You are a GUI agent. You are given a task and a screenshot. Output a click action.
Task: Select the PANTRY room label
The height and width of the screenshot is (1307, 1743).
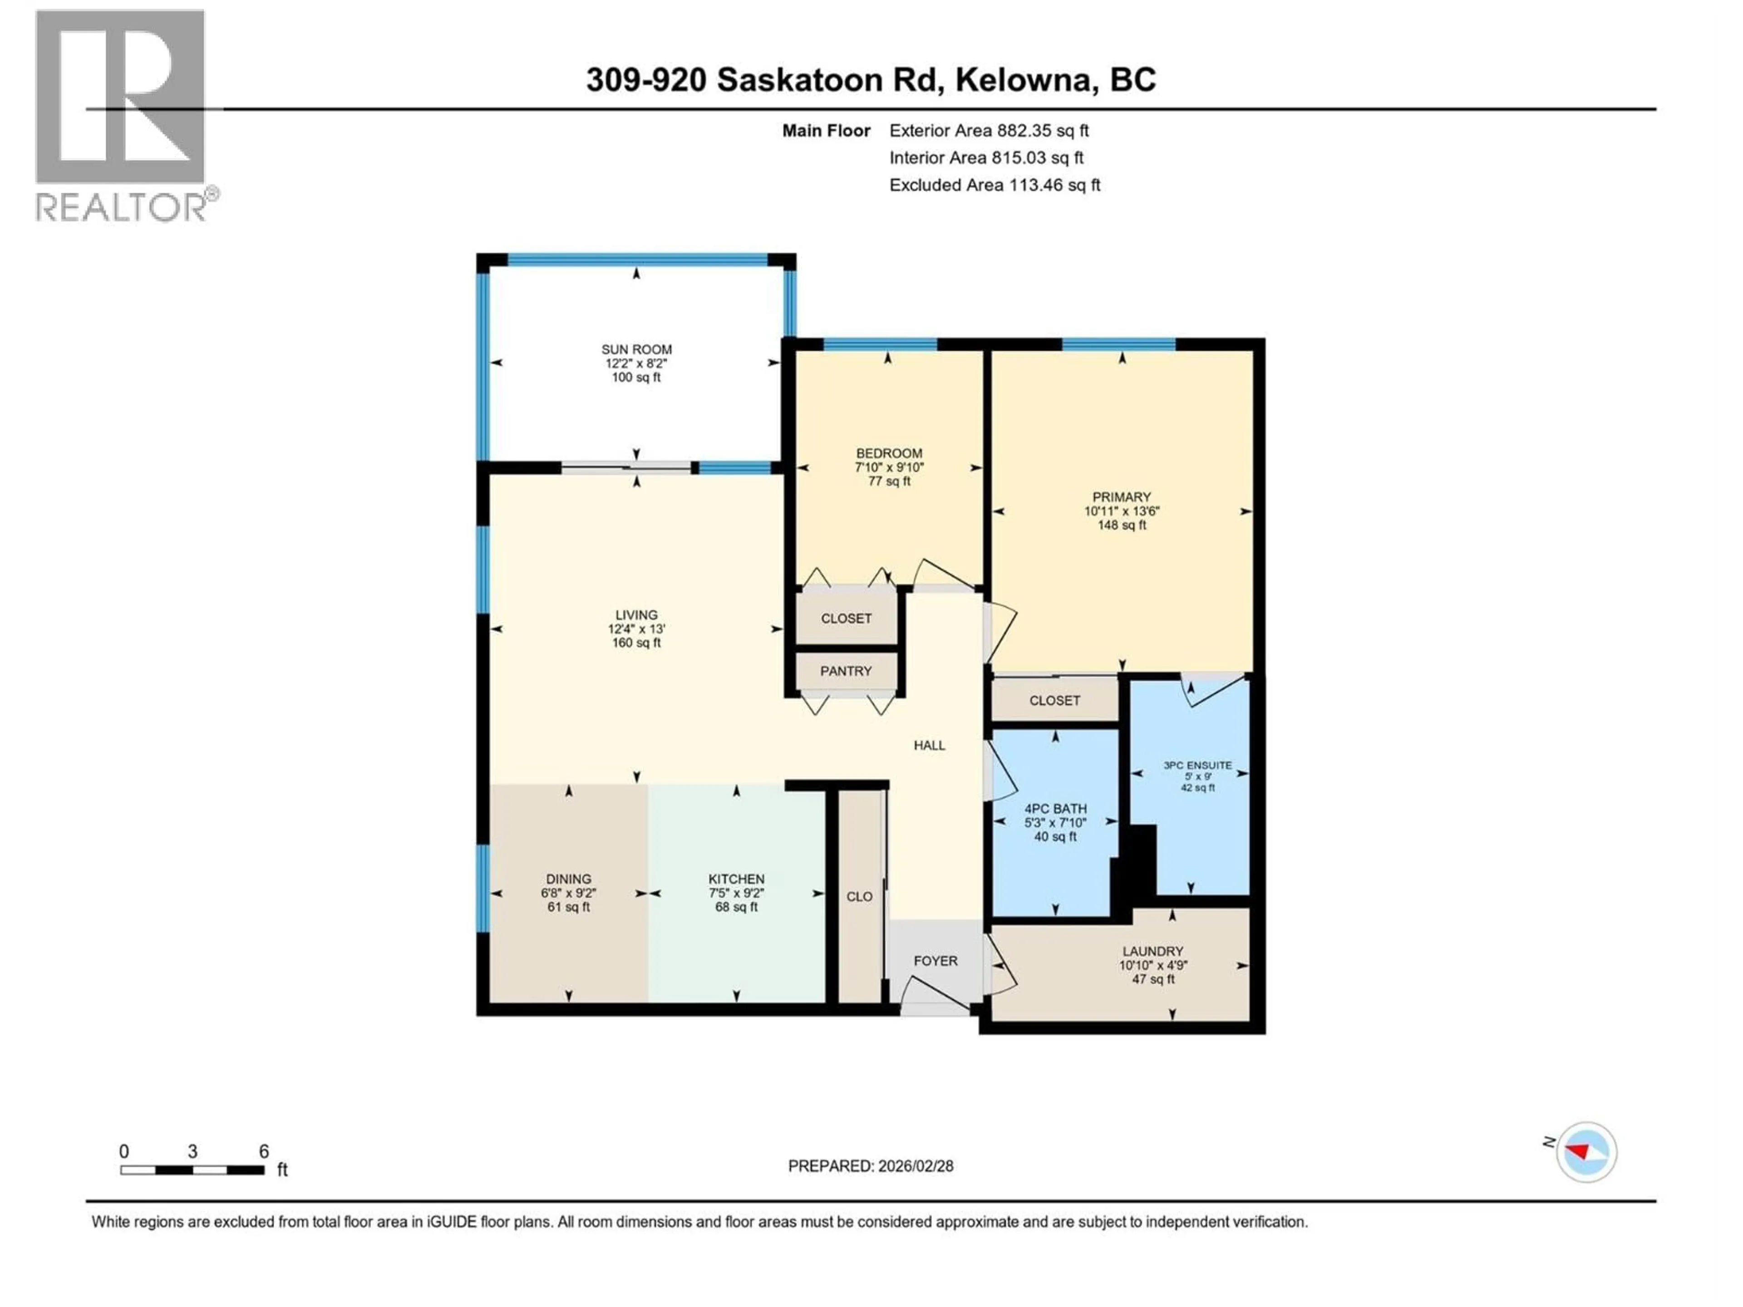tap(846, 671)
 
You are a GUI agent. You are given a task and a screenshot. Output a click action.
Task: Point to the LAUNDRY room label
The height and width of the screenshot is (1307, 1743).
tap(1153, 951)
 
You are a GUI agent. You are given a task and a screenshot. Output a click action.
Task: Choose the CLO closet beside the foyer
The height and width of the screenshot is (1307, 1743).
tap(859, 897)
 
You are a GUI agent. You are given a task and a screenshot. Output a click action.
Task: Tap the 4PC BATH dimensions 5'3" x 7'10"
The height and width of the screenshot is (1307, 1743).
tap(1055, 822)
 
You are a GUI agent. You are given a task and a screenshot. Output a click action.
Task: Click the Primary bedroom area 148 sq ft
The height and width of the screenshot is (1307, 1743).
tap(1121, 525)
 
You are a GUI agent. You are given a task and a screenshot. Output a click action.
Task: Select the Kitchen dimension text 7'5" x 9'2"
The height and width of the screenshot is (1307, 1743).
tap(736, 894)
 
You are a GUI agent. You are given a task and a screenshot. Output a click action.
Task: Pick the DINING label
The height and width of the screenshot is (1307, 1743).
tap(568, 879)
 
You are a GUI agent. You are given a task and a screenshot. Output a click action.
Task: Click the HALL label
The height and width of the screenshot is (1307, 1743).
tap(929, 745)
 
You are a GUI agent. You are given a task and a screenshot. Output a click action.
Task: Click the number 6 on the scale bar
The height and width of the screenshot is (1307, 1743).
tap(264, 1151)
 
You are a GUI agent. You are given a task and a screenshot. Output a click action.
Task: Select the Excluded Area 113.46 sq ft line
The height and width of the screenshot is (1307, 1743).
tap(995, 185)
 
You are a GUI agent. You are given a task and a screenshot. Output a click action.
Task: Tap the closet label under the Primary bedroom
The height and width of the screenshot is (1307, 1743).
tap(1054, 700)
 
